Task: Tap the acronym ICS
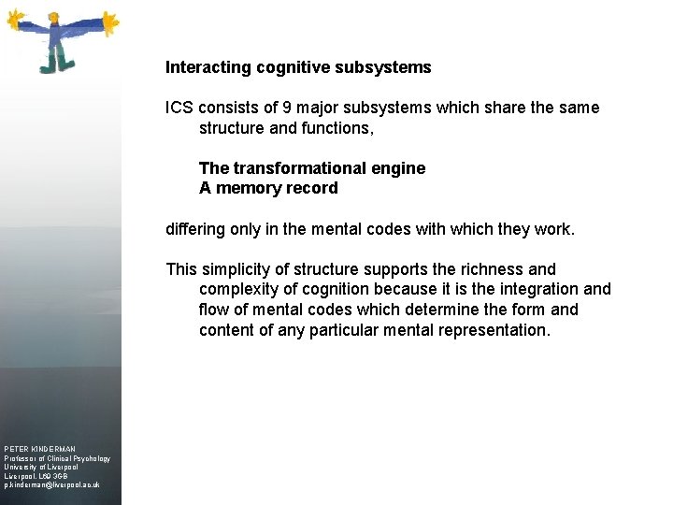click(180, 108)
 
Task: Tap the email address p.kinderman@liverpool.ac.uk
click(52, 485)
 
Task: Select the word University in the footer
click(21, 468)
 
